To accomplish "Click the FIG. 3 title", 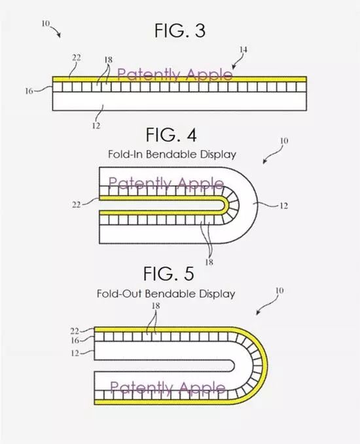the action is pos(180,30).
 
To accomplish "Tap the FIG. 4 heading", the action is pos(171,135).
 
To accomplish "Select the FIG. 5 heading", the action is pos(169,273).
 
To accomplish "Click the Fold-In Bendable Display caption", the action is pos(172,155).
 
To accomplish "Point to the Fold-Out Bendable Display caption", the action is pos(166,293).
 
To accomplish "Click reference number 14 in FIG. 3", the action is pos(243,50).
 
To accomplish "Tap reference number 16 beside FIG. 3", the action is pos(29,91).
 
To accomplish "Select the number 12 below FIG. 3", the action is pos(96,126).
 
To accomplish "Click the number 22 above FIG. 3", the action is pos(76,58).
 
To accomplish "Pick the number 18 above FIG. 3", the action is pos(109,60).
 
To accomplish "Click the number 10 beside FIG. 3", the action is pos(46,24).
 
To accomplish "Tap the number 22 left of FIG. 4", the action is pos(76,204).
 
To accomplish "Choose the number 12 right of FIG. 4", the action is pos(283,206).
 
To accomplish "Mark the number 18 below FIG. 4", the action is pos(209,262).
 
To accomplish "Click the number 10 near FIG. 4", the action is pos(284,140).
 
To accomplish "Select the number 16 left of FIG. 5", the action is pos(75,341).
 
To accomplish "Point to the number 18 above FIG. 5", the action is pos(156,306).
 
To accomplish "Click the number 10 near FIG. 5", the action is pos(279,291).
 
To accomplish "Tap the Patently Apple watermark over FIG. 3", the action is pos(175,75).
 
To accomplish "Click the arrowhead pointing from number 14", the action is pos(233,67).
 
